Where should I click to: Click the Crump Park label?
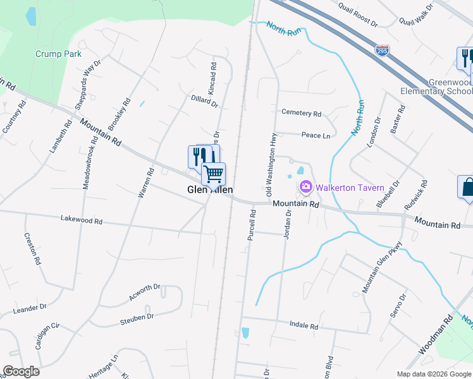[x=58, y=54]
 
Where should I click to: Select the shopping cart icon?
[x=214, y=172]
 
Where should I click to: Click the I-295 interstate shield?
[x=382, y=50]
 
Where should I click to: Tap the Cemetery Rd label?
[x=302, y=113]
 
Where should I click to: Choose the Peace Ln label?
[x=316, y=135]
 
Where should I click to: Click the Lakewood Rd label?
[x=81, y=220]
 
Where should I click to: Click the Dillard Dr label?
[x=204, y=100]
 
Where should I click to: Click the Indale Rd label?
[x=304, y=326]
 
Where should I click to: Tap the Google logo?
[x=21, y=371]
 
